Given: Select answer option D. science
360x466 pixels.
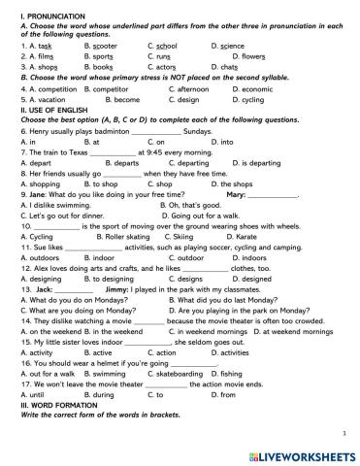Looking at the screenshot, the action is [x=229, y=45].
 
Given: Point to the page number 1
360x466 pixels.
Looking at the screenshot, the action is [x=344, y=433].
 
